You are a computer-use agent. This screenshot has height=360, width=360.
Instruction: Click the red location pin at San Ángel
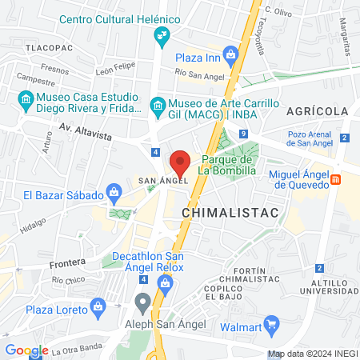(x=180, y=162)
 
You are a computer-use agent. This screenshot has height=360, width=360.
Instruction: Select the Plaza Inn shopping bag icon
(x=231, y=57)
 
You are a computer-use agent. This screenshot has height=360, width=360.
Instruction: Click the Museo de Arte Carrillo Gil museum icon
(x=158, y=105)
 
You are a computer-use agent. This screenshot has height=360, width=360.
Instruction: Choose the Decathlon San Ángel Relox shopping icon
(x=165, y=282)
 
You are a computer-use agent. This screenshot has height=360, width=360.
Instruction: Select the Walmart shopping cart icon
(x=272, y=325)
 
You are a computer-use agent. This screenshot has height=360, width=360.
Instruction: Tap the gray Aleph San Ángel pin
(x=143, y=303)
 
